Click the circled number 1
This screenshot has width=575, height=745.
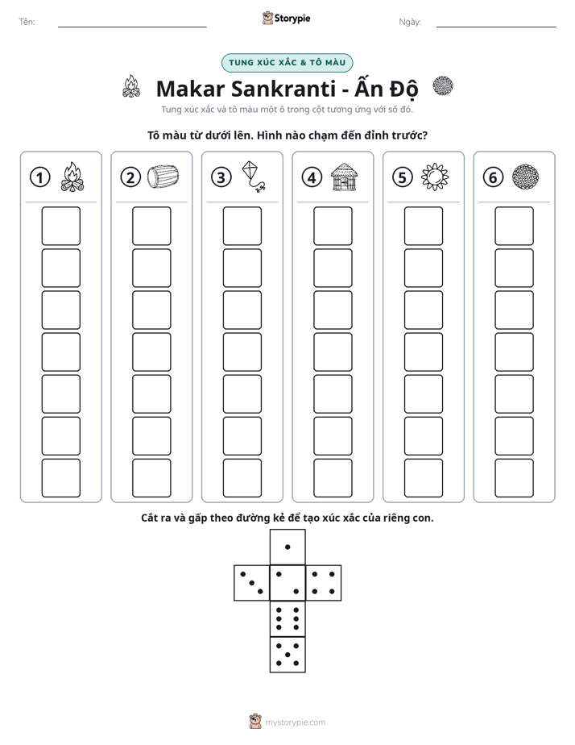click(x=39, y=177)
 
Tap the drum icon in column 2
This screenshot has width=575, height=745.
click(x=163, y=177)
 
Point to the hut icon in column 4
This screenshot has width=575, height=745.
click(x=344, y=177)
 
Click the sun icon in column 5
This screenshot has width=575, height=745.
click(x=435, y=177)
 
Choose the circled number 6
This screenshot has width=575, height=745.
click(x=494, y=177)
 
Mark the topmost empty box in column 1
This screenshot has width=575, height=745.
click(x=60, y=226)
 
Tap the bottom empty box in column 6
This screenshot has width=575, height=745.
click(x=515, y=478)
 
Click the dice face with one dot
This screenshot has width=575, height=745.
click(x=287, y=547)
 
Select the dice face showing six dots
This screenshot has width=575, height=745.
click(x=287, y=619)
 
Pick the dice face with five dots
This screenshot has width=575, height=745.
click(x=287, y=655)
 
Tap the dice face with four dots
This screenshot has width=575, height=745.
click(x=324, y=583)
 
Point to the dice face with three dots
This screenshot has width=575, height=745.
click(x=252, y=583)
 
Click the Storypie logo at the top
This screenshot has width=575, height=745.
click(x=286, y=19)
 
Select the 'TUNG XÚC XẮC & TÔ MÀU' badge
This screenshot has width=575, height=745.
click(x=287, y=63)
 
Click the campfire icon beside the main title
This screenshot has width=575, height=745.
click(x=131, y=86)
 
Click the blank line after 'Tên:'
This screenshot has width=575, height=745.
click(x=132, y=27)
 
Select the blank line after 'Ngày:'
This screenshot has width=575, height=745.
click(x=496, y=27)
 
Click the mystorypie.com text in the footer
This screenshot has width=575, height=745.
click(x=295, y=722)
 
